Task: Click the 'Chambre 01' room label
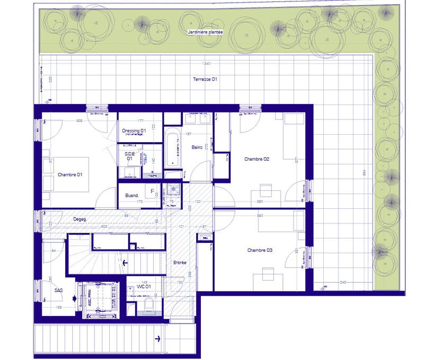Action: (70, 174)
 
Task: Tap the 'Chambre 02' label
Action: (257, 159)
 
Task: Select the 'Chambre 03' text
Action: (260, 250)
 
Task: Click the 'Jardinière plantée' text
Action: (205, 32)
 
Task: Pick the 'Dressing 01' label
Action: (134, 130)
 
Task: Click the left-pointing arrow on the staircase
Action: (125, 261)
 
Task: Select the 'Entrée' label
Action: (180, 262)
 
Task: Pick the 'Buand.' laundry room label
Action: (132, 195)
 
